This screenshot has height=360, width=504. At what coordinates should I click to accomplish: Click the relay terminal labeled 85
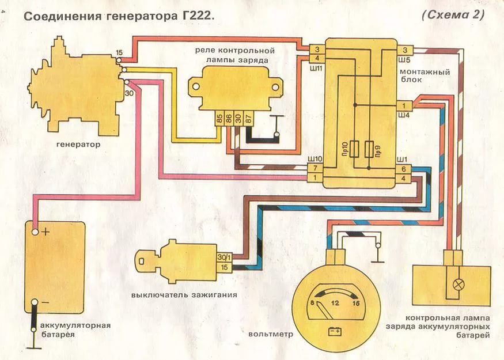pos(219,119)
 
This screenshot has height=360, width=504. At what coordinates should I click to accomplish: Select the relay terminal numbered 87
pos(249,119)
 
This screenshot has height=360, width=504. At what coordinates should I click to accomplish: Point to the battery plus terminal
pos(36,232)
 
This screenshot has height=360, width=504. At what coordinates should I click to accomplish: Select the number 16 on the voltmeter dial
pos(357,304)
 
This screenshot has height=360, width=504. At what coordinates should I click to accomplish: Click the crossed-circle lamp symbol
pos(459,284)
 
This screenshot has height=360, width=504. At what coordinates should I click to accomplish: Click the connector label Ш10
pos(314,158)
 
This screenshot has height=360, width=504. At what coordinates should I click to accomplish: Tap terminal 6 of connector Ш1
pos(404,169)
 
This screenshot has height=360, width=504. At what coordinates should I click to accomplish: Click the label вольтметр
pos(271,334)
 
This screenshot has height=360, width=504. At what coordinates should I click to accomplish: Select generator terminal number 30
pos(129,92)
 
